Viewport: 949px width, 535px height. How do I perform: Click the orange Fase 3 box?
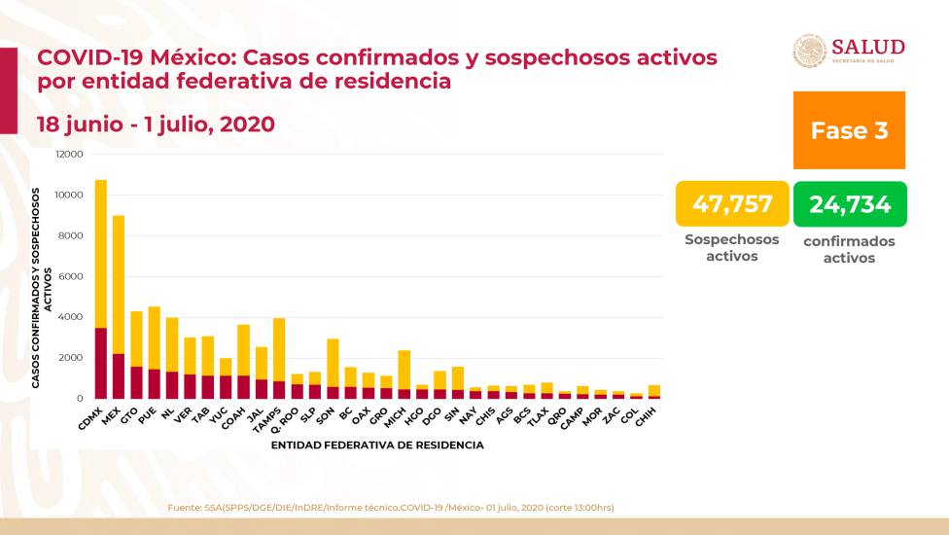[x=850, y=130]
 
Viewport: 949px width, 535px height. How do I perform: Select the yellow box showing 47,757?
[x=732, y=204]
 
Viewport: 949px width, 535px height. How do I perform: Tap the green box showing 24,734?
[x=850, y=204]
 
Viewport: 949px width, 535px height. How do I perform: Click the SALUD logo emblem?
[x=810, y=51]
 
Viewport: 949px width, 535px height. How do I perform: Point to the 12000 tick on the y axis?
[x=69, y=155]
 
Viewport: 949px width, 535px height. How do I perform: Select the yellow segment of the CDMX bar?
[x=101, y=253]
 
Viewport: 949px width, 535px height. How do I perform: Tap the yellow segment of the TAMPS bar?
[x=279, y=349]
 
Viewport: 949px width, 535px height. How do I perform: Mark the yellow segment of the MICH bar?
[x=404, y=370]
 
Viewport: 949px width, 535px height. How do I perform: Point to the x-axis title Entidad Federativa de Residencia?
[x=378, y=446]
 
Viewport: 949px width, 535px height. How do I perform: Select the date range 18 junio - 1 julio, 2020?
[x=156, y=125]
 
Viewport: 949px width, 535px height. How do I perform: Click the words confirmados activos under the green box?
[x=850, y=249]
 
